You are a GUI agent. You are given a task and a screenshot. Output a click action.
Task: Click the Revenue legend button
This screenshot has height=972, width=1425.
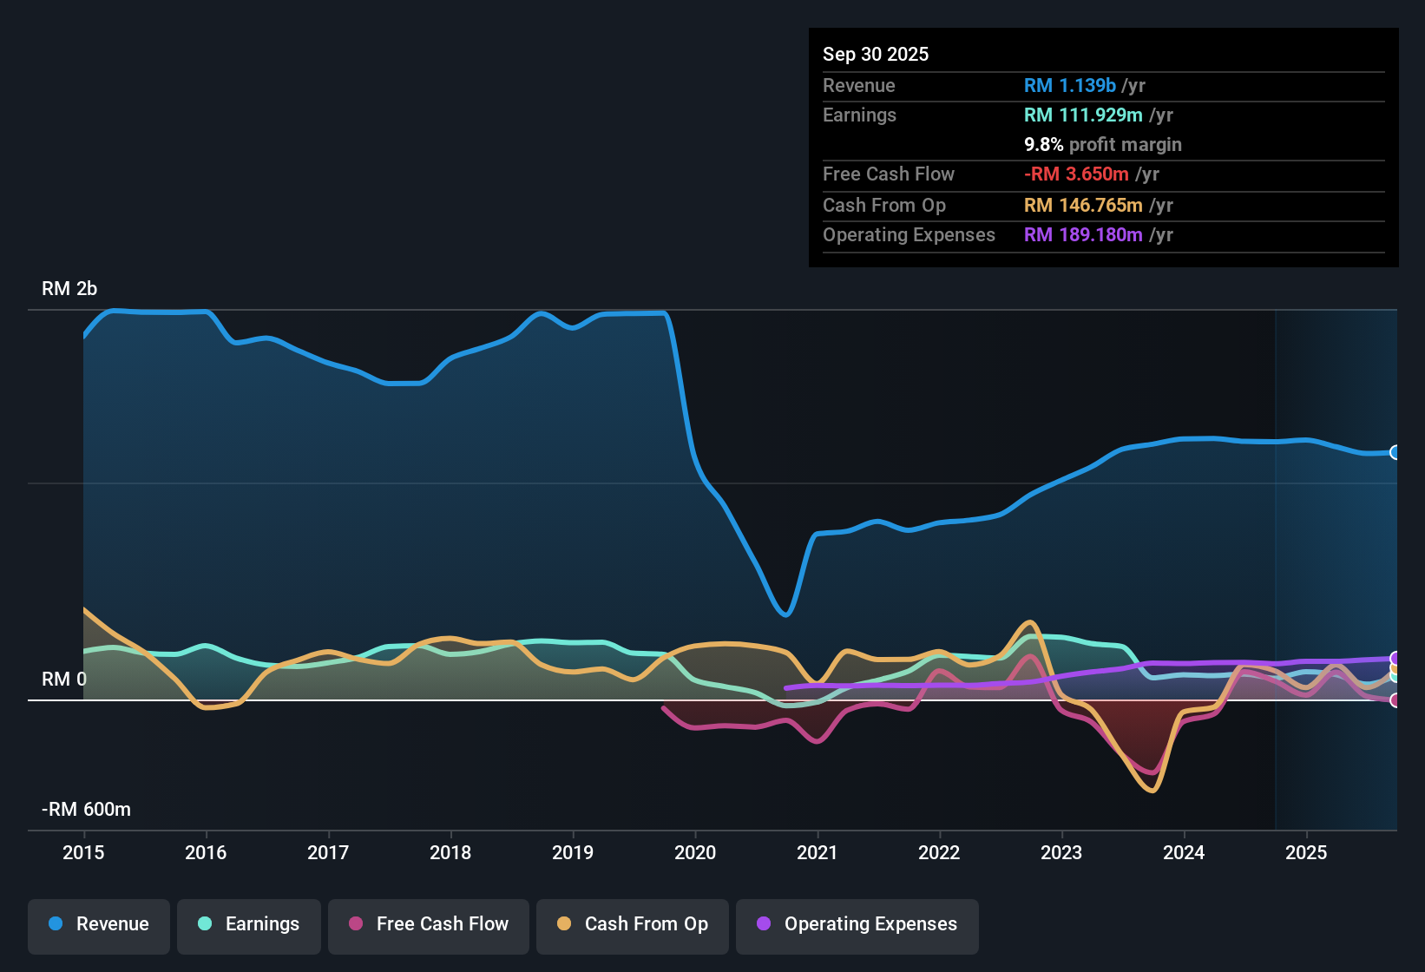point(99,925)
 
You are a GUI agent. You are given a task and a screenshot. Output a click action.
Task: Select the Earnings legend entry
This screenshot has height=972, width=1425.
point(249,925)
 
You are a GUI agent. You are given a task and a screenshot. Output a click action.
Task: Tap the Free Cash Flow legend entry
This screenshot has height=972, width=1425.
point(429,925)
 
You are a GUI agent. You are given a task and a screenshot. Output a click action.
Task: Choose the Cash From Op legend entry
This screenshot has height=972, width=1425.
point(633,925)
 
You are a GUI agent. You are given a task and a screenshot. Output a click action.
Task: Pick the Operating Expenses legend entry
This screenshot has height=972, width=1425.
point(857,925)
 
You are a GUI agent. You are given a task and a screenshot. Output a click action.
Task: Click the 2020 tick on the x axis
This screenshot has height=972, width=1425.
point(695,852)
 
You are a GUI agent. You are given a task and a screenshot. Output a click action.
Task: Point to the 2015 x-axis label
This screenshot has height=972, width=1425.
point(83,852)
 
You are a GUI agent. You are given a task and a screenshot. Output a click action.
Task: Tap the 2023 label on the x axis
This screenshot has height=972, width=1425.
point(1061,852)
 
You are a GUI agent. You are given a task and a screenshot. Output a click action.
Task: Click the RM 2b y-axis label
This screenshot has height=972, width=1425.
point(69,289)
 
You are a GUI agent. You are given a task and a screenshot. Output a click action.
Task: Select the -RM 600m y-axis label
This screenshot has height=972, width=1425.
point(86,810)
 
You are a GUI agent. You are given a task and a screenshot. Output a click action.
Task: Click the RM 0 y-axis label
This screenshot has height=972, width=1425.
point(64,680)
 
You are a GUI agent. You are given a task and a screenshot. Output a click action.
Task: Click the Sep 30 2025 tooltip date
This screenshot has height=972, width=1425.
point(876,55)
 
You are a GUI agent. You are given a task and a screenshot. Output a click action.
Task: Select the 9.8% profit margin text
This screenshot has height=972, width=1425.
point(1102,145)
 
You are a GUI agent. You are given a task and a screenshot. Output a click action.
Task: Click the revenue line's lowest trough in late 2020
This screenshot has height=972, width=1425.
point(785,614)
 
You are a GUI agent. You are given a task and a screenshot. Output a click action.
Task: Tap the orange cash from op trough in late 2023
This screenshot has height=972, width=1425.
point(1152,790)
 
